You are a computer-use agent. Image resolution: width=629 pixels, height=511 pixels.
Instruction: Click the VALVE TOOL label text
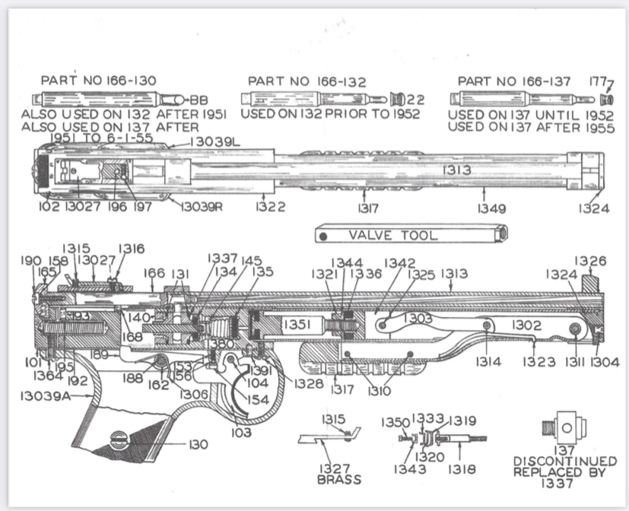tap(392, 235)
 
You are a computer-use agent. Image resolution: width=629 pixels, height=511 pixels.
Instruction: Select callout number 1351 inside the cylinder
tap(297, 325)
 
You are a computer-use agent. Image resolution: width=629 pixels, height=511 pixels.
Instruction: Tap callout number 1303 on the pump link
tap(418, 319)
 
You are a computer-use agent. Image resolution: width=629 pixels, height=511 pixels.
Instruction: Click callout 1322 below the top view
tap(270, 208)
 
